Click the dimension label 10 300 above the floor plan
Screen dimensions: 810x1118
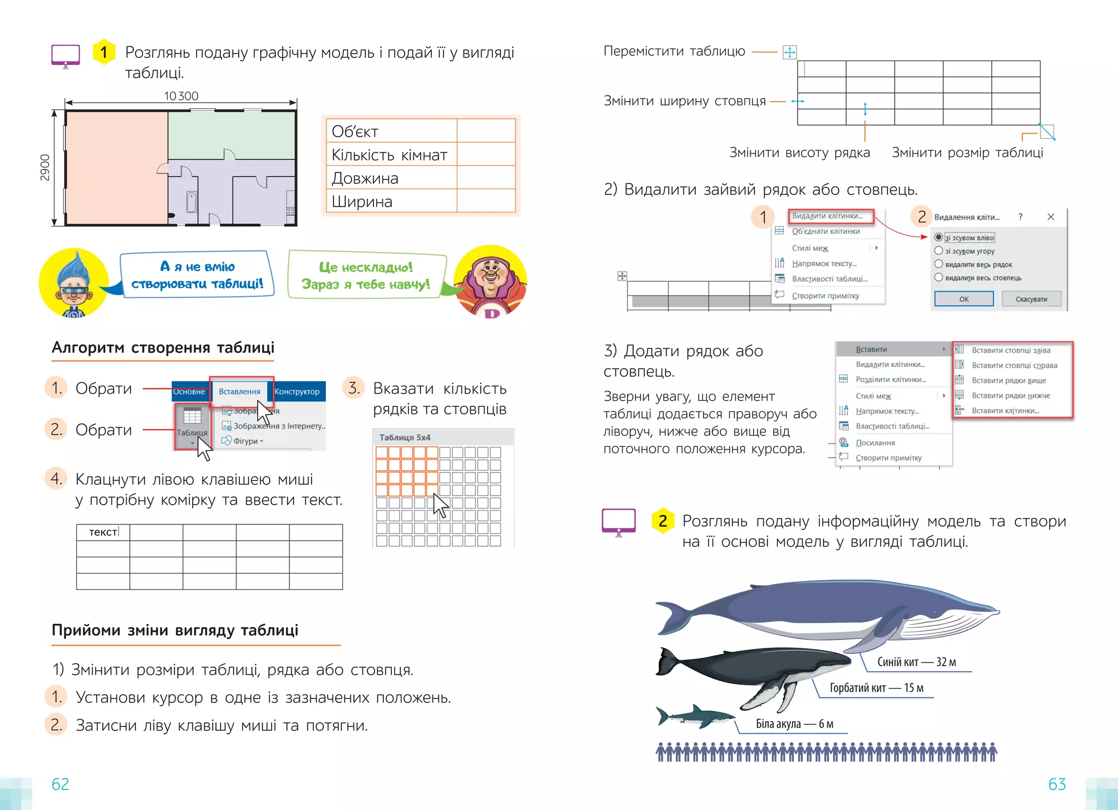[x=181, y=96]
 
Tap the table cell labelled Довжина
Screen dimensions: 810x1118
[x=391, y=178]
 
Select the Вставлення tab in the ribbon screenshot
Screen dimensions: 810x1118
[x=240, y=391]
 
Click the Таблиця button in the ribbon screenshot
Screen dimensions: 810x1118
[x=192, y=423]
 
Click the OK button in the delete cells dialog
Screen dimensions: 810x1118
[x=964, y=299]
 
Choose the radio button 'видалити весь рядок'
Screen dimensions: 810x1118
[x=938, y=264]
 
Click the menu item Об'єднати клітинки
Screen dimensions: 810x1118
[x=825, y=231]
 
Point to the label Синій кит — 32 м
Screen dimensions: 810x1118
[x=917, y=662]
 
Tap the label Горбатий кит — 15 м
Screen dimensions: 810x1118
[x=876, y=688]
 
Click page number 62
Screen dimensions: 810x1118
[x=60, y=784]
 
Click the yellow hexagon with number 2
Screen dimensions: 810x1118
[x=663, y=521]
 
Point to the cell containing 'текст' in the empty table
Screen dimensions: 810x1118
[x=103, y=532]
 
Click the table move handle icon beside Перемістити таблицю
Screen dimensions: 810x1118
[x=789, y=52]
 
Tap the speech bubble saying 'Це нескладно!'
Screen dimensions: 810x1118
[x=366, y=275]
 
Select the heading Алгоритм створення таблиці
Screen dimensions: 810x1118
[x=163, y=348]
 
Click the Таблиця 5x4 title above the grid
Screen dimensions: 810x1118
[x=405, y=437]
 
